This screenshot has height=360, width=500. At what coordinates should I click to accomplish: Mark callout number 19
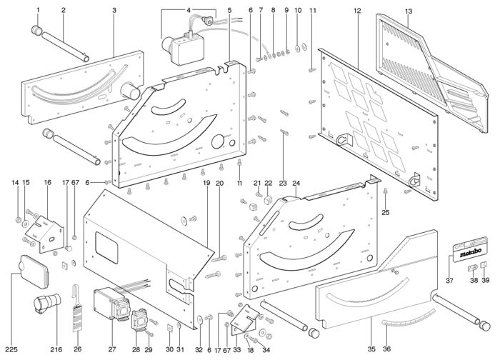click(x=206, y=184)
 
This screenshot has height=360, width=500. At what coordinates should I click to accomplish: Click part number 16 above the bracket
click(x=47, y=184)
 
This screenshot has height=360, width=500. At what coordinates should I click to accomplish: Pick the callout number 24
click(x=296, y=184)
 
